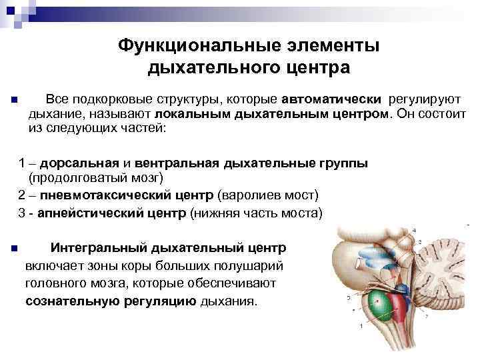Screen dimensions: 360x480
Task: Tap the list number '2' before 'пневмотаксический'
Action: tap(21, 197)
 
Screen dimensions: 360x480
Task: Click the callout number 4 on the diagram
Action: tap(414, 231)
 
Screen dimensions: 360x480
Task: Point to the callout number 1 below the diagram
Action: tap(361, 326)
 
